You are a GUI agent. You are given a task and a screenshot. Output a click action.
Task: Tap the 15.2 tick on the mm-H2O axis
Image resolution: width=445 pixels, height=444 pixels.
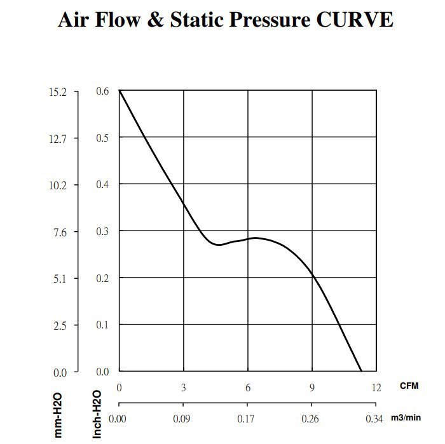(58, 91)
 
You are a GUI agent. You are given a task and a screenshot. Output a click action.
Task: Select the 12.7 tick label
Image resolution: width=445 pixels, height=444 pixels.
(58, 138)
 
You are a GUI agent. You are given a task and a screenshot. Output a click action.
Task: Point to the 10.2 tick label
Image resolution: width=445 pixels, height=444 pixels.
(58, 185)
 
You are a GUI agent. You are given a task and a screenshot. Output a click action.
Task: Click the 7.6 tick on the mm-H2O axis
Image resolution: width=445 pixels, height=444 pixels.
(60, 232)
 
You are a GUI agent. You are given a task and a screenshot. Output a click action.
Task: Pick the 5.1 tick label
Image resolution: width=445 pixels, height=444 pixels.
(60, 278)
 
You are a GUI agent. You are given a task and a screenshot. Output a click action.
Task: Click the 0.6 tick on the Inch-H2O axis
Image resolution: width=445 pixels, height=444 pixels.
(102, 91)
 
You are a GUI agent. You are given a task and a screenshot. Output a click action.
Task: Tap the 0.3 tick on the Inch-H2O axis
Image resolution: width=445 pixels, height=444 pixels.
(102, 232)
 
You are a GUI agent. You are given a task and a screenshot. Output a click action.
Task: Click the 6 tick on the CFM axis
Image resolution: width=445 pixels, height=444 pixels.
(248, 387)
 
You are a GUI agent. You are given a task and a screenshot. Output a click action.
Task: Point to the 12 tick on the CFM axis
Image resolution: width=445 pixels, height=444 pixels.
(376, 387)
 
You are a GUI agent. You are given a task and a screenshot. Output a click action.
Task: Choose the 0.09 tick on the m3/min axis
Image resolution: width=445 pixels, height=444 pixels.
(183, 419)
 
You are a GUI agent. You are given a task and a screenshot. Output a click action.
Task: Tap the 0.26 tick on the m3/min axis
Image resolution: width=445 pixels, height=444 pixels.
(311, 419)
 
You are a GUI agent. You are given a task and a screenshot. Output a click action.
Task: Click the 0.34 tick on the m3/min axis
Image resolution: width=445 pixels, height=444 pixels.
(376, 419)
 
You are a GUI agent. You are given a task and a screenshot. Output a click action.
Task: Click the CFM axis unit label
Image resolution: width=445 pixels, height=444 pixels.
(409, 386)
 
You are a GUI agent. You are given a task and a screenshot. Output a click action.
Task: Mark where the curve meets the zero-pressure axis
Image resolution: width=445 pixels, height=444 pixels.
(361, 371)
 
